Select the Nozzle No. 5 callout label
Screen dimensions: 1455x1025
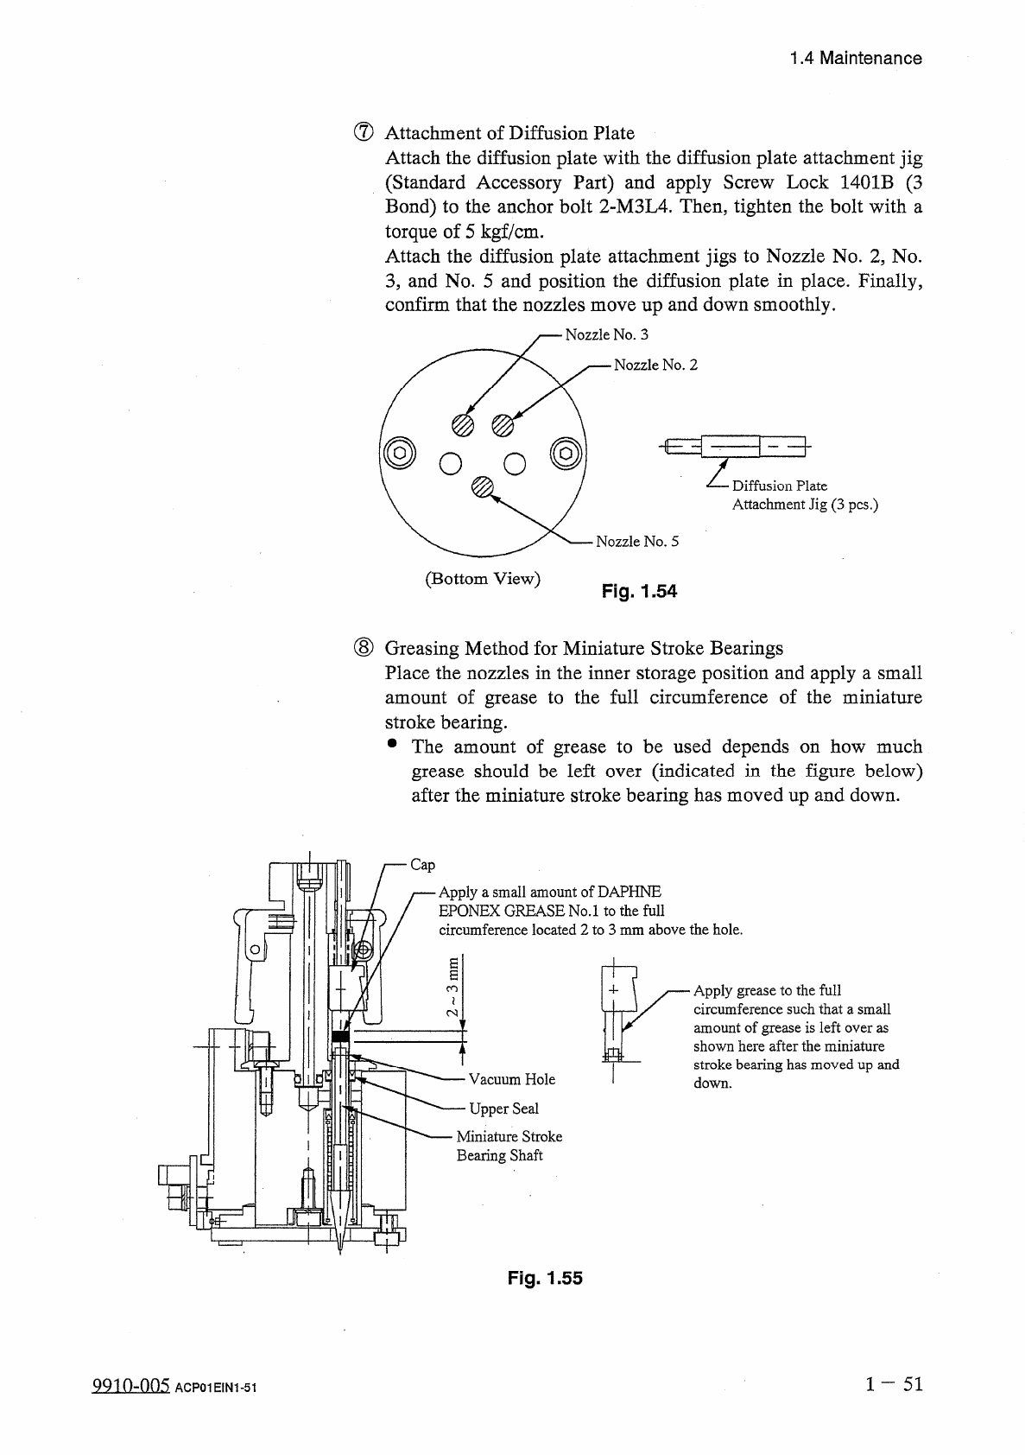point(637,542)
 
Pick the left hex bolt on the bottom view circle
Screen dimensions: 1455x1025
point(398,450)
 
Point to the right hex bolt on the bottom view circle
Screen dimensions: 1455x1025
point(566,450)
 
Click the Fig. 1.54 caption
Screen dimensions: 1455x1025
point(639,592)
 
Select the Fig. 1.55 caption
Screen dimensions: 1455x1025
point(545,1278)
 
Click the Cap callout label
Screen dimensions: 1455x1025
point(422,865)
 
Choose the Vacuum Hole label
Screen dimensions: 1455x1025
point(512,1079)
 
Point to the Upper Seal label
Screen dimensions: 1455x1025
point(503,1109)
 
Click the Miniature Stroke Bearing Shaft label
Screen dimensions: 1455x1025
point(509,1146)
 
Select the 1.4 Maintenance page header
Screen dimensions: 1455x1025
point(856,59)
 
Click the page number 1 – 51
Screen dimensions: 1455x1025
point(895,1384)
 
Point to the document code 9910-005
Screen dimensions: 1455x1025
point(130,1386)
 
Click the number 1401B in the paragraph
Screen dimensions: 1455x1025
point(866,182)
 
